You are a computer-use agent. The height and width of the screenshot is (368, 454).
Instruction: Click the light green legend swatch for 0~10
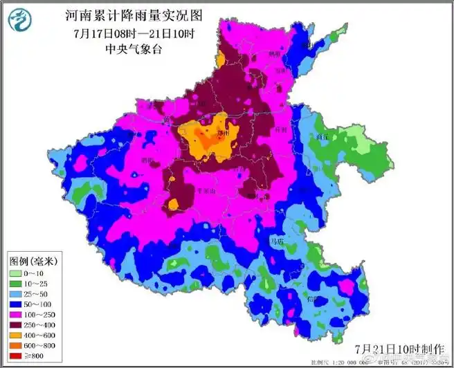[x=17, y=273]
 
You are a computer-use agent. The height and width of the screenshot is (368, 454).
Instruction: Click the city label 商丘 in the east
[x=320, y=138]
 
